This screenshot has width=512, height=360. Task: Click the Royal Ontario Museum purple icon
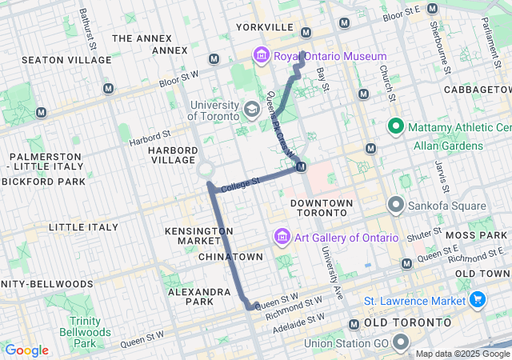pyautogui.click(x=261, y=56)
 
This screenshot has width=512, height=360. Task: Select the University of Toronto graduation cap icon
pyautogui.click(x=251, y=109)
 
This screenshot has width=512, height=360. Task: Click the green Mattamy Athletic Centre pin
pyautogui.click(x=395, y=126)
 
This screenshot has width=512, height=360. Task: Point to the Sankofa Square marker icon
pyautogui.click(x=395, y=205)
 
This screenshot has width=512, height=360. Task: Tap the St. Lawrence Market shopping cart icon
pyautogui.click(x=478, y=300)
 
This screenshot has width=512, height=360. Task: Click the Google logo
pyautogui.click(x=26, y=350)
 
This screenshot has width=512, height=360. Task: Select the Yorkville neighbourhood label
pyautogui.click(x=265, y=27)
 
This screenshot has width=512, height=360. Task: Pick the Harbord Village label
pyautogui.click(x=172, y=156)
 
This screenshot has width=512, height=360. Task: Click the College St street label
pyautogui.click(x=241, y=183)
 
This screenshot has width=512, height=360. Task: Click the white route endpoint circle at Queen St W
pyautogui.click(x=255, y=306)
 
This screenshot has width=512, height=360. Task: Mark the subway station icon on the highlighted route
pyautogui.click(x=301, y=166)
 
